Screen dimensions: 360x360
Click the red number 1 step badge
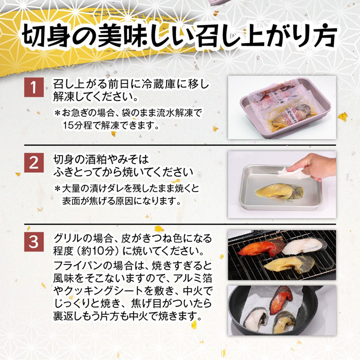34,87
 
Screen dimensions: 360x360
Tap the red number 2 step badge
34,163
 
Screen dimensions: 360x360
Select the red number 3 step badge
34,242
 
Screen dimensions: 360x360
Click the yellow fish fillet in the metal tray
279,191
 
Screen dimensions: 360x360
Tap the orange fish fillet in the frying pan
281,300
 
